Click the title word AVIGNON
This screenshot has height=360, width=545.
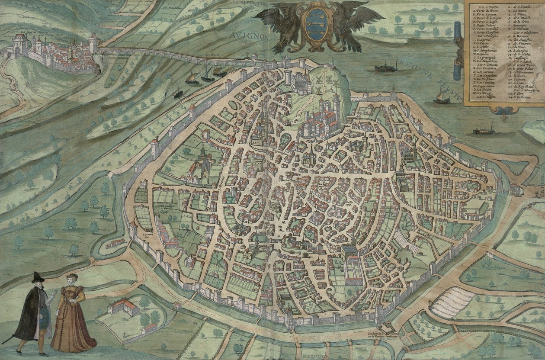[250, 34]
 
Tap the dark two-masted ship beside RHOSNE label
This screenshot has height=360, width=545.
[386, 67]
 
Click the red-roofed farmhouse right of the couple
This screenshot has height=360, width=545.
[124, 305]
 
